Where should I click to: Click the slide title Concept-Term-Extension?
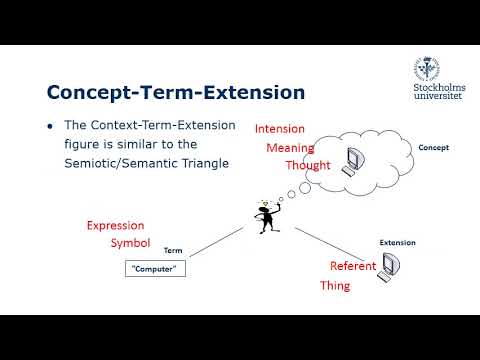pos(175,93)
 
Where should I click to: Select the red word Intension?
pos(280,129)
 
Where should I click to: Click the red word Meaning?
pos(289,148)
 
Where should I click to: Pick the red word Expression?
pos(115,225)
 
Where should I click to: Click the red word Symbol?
pos(130,244)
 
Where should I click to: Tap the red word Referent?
pos(353,266)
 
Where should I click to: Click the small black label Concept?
pos(433,148)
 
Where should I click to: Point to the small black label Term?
pos(173,250)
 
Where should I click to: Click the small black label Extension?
pos(397,242)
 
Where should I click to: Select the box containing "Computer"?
pos(157,269)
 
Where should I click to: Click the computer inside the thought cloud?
pos(353,161)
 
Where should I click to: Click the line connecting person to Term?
pos(216,245)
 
